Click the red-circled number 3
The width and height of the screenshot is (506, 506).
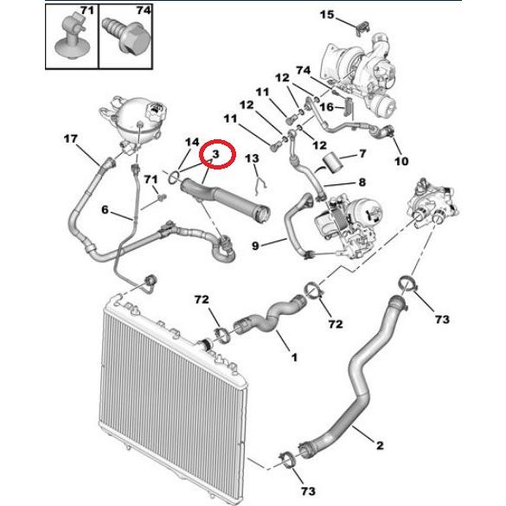pyautogui.click(x=215, y=154)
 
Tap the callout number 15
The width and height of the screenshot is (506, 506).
pyautogui.click(x=327, y=15)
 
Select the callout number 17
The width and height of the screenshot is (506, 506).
pyautogui.click(x=71, y=138)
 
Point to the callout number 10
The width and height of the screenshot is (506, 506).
pyautogui.click(x=401, y=161)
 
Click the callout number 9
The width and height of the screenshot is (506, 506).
pyautogui.click(x=255, y=246)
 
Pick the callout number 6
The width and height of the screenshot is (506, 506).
pyautogui.click(x=105, y=210)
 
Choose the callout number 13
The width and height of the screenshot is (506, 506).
pyautogui.click(x=252, y=158)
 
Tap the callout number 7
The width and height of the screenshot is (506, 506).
pyautogui.click(x=362, y=154)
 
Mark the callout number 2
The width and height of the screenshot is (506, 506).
pyautogui.click(x=380, y=445)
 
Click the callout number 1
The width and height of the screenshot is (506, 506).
pyautogui.click(x=294, y=357)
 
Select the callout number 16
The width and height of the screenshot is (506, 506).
pyautogui.click(x=326, y=106)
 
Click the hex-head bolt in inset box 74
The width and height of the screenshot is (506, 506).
pyautogui.click(x=127, y=36)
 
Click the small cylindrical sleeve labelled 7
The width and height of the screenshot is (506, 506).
pyautogui.click(x=330, y=162)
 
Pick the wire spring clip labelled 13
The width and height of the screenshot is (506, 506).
pyautogui.click(x=259, y=184)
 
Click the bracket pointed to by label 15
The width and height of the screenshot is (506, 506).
pyautogui.click(x=363, y=27)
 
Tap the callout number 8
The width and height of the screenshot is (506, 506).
pyautogui.click(x=362, y=183)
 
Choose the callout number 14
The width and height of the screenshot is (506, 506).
pyautogui.click(x=192, y=142)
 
